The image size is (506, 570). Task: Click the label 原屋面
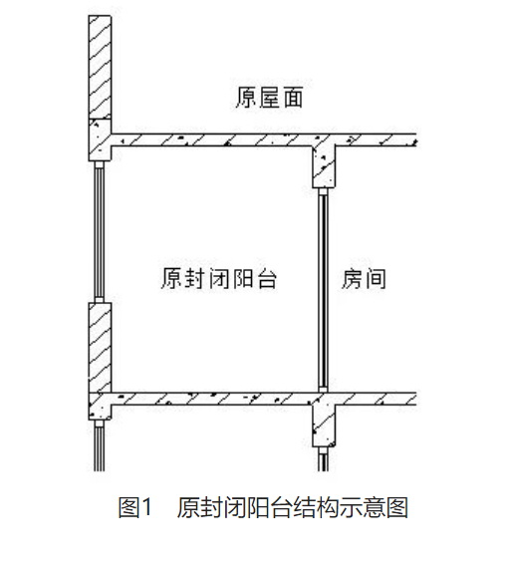pos(269,97)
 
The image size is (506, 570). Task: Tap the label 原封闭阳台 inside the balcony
pos(219,279)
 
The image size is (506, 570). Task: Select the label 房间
pos(364,279)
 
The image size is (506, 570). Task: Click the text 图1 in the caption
pos(134,507)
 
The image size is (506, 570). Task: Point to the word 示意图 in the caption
pos(374,507)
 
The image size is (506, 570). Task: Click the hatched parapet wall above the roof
pos(100,67)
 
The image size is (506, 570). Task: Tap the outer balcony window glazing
pos(100,231)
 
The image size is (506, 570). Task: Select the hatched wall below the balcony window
pos(100,348)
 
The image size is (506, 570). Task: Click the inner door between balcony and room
pos(323,290)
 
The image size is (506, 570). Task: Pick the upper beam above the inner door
pos(324,166)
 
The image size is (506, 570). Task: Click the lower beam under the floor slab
pos(324,426)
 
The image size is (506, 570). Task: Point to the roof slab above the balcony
pos(263,140)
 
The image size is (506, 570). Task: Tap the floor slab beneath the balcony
pos(263,399)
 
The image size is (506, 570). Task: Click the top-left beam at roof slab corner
pos(100,140)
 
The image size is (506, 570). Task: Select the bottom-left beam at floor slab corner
pos(100,407)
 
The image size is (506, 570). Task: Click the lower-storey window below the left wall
pos(100,445)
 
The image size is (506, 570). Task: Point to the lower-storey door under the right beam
pos(323,459)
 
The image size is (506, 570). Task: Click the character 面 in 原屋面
pos(293,98)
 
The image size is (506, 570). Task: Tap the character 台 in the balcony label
pos(267,279)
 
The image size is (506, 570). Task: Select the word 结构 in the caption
pos(316,507)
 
